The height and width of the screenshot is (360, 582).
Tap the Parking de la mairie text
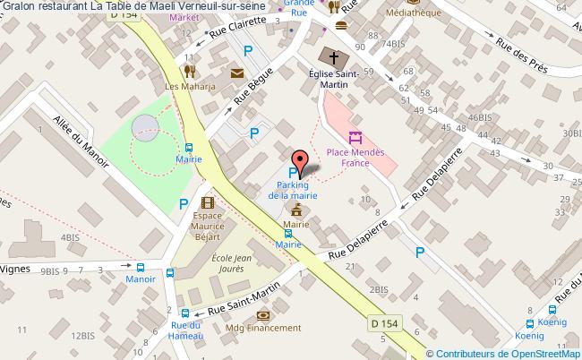click(291, 189)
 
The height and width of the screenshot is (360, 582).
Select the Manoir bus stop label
click(140, 279)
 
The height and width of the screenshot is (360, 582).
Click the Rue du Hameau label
click(187, 330)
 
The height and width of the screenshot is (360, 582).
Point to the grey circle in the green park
click(144, 128)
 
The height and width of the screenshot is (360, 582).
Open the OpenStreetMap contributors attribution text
click(506, 353)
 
